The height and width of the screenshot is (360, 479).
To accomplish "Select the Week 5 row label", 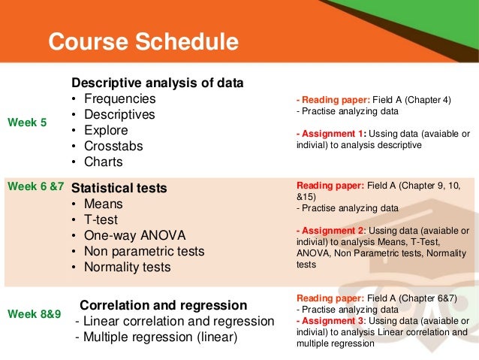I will (x=27, y=123).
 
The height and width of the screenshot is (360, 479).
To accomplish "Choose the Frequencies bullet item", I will (x=119, y=98).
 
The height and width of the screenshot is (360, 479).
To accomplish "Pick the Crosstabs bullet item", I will (x=114, y=146).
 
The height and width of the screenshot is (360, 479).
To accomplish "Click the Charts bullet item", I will (x=103, y=162).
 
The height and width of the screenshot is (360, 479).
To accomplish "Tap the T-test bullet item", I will (x=104, y=219).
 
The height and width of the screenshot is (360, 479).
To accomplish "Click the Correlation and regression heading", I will (x=163, y=305).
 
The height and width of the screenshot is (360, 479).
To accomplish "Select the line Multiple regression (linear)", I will (x=156, y=337).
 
